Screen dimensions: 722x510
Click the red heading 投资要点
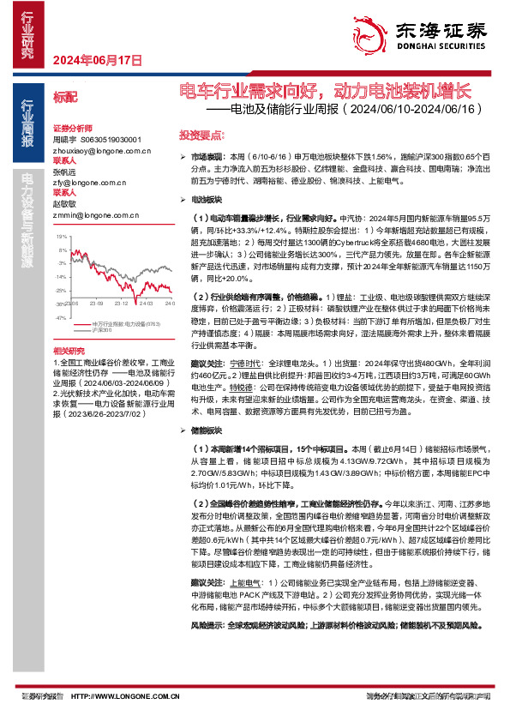(x=196, y=136)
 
